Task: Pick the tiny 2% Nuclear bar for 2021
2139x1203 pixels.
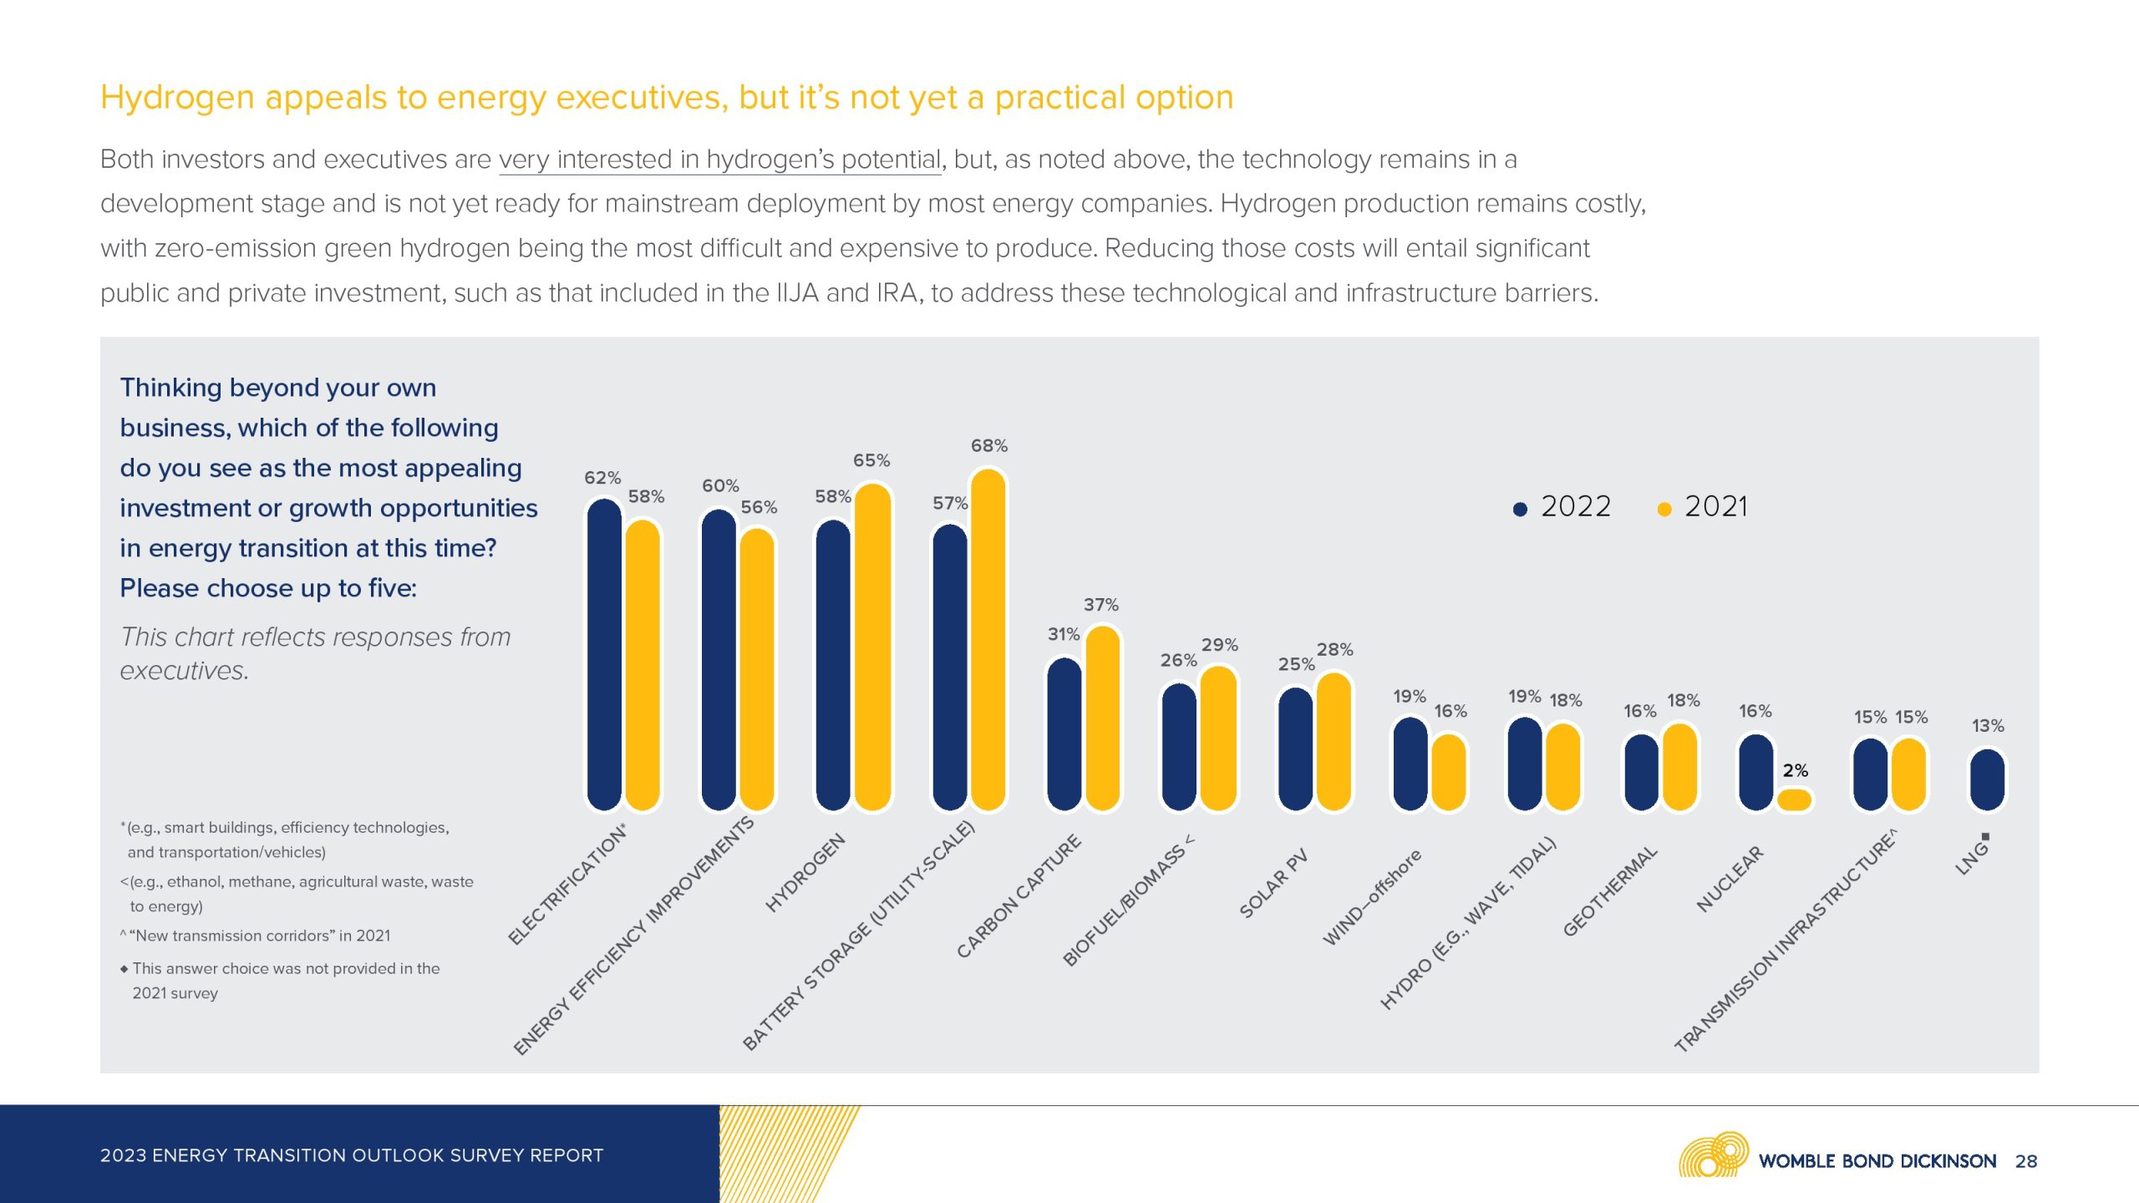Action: tap(1794, 799)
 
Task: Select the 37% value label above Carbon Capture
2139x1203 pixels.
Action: tap(1100, 604)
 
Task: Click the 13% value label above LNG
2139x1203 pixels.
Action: tap(1988, 725)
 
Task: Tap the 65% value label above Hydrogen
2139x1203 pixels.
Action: tap(871, 460)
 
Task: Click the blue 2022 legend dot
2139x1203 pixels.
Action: tap(1520, 509)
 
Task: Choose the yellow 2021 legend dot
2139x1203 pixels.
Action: tap(1664, 509)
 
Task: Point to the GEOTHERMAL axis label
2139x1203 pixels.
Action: tap(1609, 891)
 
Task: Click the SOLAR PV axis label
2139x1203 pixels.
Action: tap(1273, 884)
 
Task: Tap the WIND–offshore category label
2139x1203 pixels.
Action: tap(1371, 897)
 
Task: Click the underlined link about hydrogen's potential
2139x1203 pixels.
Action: tap(719, 159)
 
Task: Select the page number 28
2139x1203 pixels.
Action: tap(2025, 1160)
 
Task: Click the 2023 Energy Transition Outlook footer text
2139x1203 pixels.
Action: tap(351, 1155)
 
